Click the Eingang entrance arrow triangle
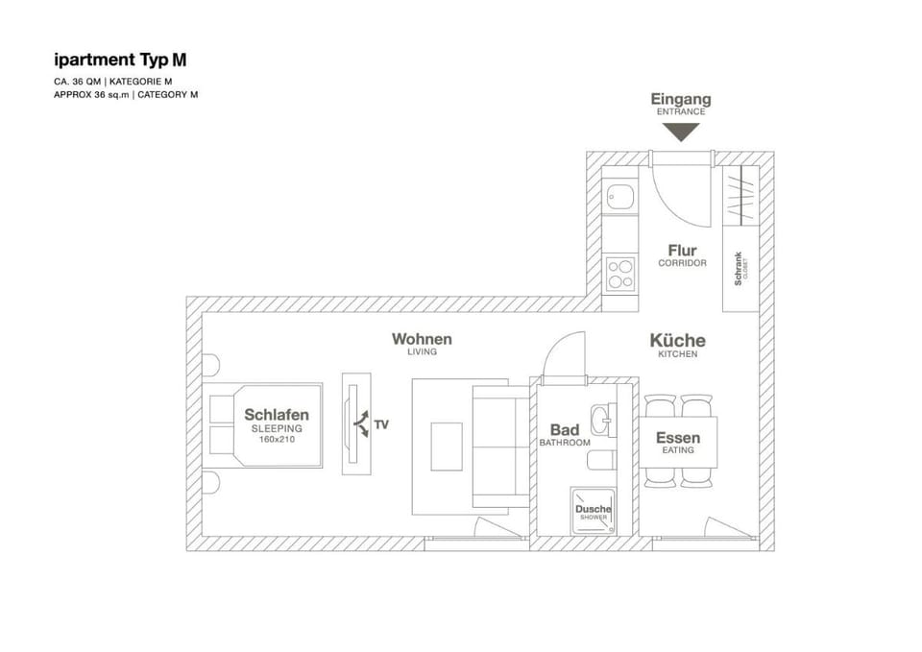[x=681, y=132]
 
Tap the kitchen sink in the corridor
[x=620, y=196]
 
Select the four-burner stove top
[x=620, y=274]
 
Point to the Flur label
[x=682, y=251]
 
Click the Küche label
[x=677, y=341]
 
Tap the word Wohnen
[x=422, y=339]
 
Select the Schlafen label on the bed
[x=277, y=415]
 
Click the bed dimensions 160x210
[x=277, y=439]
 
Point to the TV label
[x=381, y=424]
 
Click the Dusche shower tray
[x=593, y=511]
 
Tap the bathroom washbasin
[x=604, y=420]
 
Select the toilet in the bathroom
[x=601, y=460]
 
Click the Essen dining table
[x=678, y=442]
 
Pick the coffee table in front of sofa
[x=447, y=447]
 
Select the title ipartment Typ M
[x=121, y=60]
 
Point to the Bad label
[x=565, y=430]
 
